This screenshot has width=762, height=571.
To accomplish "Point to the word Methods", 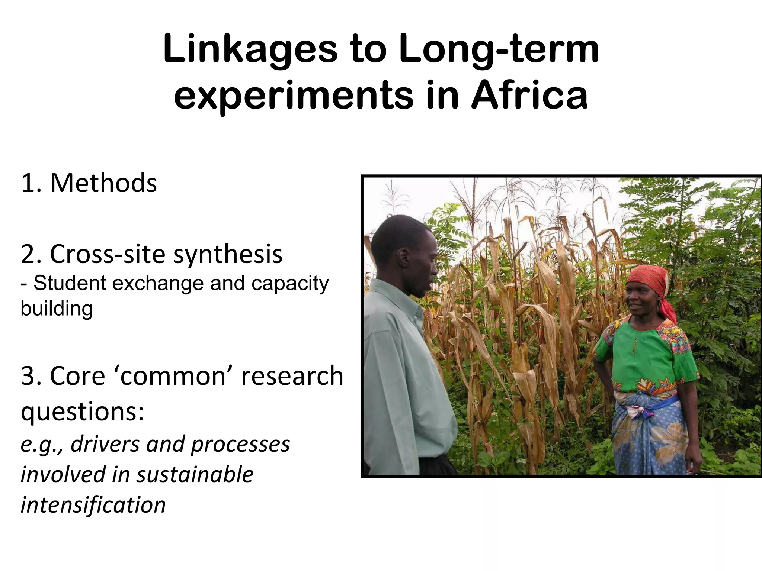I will (103, 183).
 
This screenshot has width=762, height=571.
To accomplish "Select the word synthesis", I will (228, 255).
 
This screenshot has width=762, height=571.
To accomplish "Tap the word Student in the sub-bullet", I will (70, 283).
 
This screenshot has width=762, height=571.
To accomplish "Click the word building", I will (57, 309).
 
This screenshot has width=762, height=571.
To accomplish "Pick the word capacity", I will (290, 284).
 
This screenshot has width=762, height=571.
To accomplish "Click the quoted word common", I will (173, 376).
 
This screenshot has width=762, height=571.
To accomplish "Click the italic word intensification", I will (93, 505).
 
